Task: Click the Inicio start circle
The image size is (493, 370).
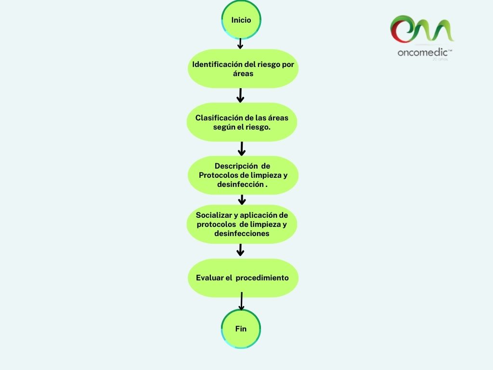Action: tap(241, 20)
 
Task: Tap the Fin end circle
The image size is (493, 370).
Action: tap(241, 329)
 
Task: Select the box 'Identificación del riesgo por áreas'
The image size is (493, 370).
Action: tap(243, 69)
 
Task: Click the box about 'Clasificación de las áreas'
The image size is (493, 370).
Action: tap(242, 122)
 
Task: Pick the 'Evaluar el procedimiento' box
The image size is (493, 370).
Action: tap(243, 278)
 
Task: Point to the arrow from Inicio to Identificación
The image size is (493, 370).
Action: tap(240, 44)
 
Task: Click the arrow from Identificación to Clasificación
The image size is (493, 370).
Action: tap(240, 95)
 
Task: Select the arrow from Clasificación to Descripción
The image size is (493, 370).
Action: tap(242, 148)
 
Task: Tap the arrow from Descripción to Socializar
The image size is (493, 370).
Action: tap(242, 199)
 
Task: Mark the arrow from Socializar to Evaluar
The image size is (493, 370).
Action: tap(241, 250)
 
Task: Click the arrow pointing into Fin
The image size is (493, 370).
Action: tap(241, 302)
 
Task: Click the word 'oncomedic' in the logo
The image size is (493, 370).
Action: tap(422, 53)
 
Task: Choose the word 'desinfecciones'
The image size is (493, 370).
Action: tap(242, 234)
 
